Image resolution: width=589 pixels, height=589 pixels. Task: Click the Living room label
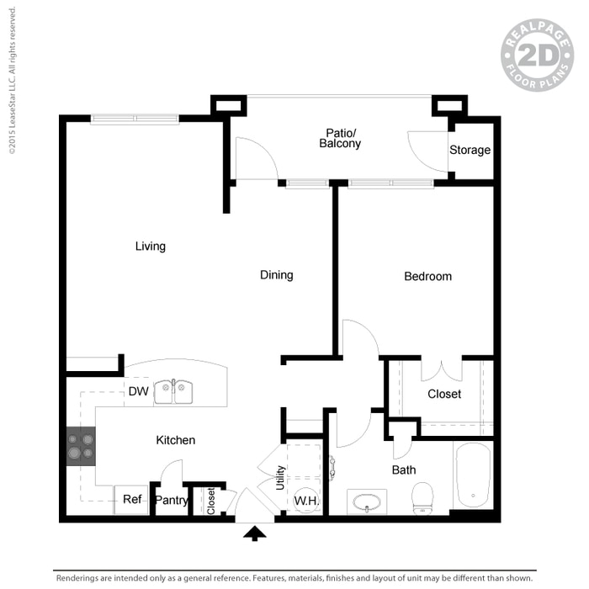pos(151,247)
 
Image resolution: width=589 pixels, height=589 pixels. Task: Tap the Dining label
pos(276,275)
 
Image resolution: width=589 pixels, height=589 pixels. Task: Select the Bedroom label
pos(427,276)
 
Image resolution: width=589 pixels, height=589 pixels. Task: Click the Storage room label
pos(470,151)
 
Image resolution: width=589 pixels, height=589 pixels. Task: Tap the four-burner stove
pos(82,446)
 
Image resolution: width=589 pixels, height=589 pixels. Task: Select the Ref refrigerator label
pos(132,500)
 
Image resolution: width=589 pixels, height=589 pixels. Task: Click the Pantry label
pos(172,501)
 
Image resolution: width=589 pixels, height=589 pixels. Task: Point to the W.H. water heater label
pos(305,501)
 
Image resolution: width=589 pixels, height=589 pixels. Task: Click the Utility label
pos(281,479)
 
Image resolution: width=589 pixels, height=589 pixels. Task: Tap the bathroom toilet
pos(422,497)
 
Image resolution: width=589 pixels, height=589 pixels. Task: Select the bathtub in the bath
pos(473,476)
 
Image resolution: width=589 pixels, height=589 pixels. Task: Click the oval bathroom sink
pos(368,503)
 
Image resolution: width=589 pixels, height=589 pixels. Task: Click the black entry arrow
pos(253,532)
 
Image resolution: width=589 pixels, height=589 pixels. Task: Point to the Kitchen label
pos(176,440)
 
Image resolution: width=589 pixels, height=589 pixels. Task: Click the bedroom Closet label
pos(444,394)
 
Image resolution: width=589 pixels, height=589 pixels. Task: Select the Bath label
pos(404,470)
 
